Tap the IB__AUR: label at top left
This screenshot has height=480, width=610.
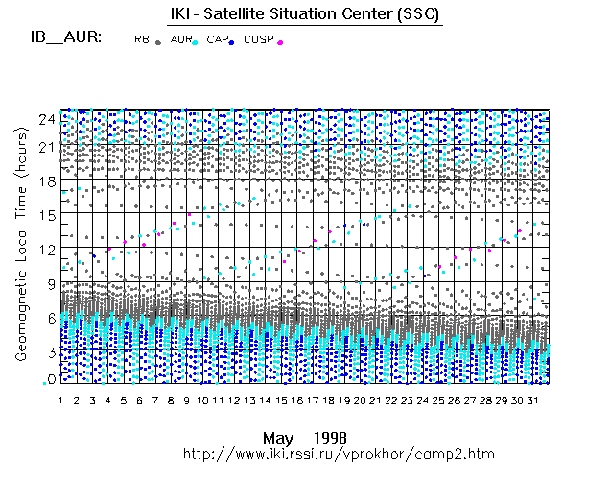pyautogui.click(x=66, y=38)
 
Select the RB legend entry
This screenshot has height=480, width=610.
pyautogui.click(x=142, y=39)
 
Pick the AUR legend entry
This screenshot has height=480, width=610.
pyautogui.click(x=180, y=39)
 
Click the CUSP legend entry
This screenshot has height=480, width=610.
pyautogui.click(x=259, y=39)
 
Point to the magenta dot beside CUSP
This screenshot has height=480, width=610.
pyautogui.click(x=280, y=42)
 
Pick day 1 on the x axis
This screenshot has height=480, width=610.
pyautogui.click(x=60, y=399)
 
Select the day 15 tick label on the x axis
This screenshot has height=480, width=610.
pyautogui.click(x=282, y=399)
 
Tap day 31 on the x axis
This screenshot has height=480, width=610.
pyautogui.click(x=534, y=399)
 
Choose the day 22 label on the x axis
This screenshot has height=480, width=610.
pyautogui.click(x=392, y=399)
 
